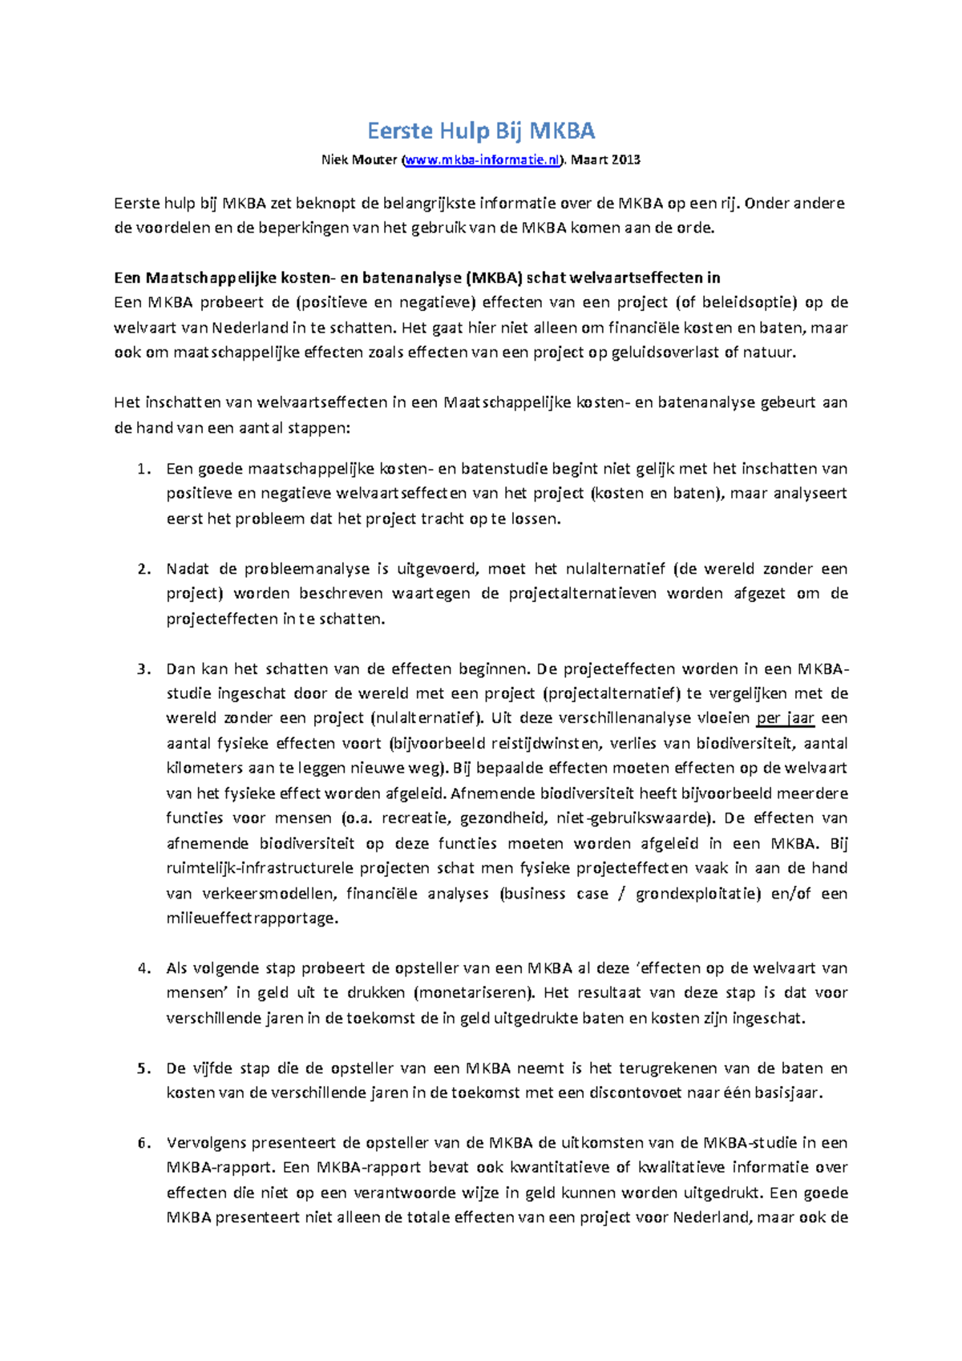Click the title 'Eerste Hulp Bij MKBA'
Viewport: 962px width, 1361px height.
[481, 131]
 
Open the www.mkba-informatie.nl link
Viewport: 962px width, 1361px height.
[481, 160]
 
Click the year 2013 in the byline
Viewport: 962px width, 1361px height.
[625, 160]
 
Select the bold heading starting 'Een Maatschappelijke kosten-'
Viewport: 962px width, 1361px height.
[417, 278]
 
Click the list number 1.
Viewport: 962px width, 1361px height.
[143, 469]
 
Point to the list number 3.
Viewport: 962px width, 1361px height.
[143, 669]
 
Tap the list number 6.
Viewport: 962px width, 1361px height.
[143, 1143]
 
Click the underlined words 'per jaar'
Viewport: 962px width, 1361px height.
[785, 719]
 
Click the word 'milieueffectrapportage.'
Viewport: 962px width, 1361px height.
[253, 919]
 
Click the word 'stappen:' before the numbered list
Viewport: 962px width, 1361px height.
[320, 428]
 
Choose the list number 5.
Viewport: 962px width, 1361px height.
[143, 1068]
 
